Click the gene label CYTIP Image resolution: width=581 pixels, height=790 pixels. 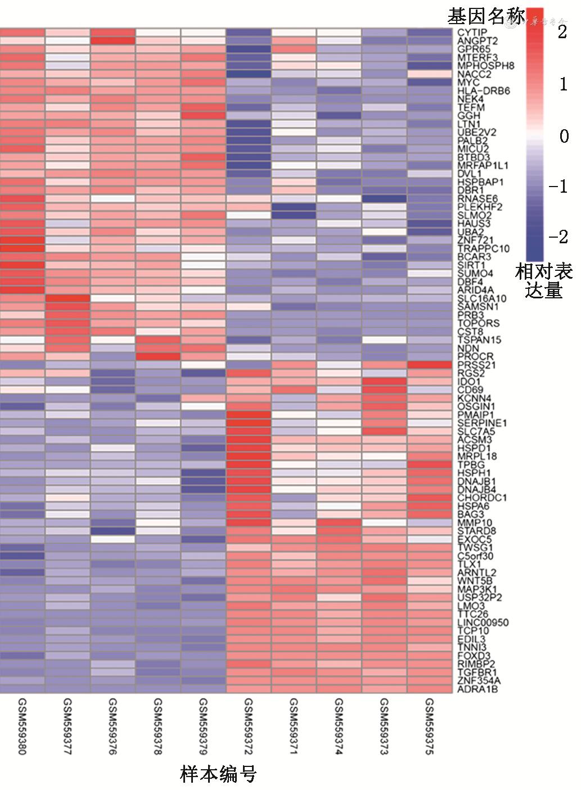[472, 33]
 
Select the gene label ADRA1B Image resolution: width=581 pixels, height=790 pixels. [478, 689]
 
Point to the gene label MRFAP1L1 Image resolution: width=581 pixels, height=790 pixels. [483, 165]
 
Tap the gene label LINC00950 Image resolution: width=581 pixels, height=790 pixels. [483, 623]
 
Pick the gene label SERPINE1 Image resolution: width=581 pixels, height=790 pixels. [482, 423]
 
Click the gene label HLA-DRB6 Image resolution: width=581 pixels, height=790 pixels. [483, 90]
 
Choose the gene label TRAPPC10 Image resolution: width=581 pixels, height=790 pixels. [483, 248]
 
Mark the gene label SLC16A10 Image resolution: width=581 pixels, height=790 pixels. [481, 298]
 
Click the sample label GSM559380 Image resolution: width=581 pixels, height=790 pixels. [22, 726]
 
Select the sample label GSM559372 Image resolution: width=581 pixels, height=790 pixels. [249, 726]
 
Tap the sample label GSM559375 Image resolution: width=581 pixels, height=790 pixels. [430, 726]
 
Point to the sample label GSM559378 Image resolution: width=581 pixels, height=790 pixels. [158, 726]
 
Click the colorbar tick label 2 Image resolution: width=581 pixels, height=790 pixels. [562, 33]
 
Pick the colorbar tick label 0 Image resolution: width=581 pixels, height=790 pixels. [564, 136]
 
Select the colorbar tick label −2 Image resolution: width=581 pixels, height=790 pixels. [559, 237]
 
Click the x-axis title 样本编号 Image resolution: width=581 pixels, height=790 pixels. [218, 774]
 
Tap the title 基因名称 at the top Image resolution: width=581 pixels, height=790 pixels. [486, 16]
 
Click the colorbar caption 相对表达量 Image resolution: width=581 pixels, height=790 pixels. [543, 281]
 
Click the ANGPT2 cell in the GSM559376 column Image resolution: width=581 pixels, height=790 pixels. [113, 40]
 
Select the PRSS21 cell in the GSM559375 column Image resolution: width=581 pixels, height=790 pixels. [430, 365]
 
